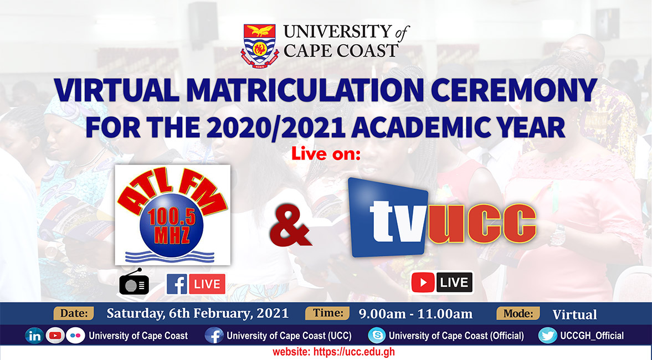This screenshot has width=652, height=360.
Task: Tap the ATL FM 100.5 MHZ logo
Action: coord(172,214)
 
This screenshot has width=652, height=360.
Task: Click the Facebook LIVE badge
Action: coord(196,284)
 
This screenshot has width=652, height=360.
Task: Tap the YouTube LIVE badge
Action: coord(442,282)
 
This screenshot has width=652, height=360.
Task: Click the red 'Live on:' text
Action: coord(326,155)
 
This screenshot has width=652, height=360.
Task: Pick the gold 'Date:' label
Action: coord(74,313)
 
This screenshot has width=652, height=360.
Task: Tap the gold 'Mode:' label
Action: coord(518,313)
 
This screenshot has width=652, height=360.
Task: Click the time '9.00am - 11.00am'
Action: coord(415,314)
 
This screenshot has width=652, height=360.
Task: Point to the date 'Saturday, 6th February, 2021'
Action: coord(198,313)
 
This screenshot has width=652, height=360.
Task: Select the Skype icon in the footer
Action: coord(377,336)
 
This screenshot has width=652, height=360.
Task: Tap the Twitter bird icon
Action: coord(547,336)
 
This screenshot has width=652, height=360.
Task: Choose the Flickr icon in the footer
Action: coord(75,336)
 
